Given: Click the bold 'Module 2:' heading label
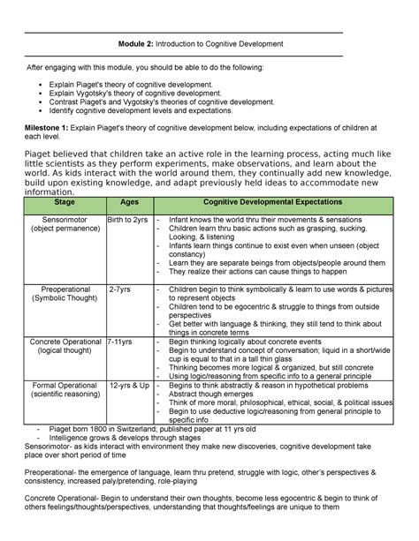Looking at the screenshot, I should tap(141, 43).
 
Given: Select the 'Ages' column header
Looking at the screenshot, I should tap(128, 202).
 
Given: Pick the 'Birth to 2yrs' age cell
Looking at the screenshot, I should tap(128, 219).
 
